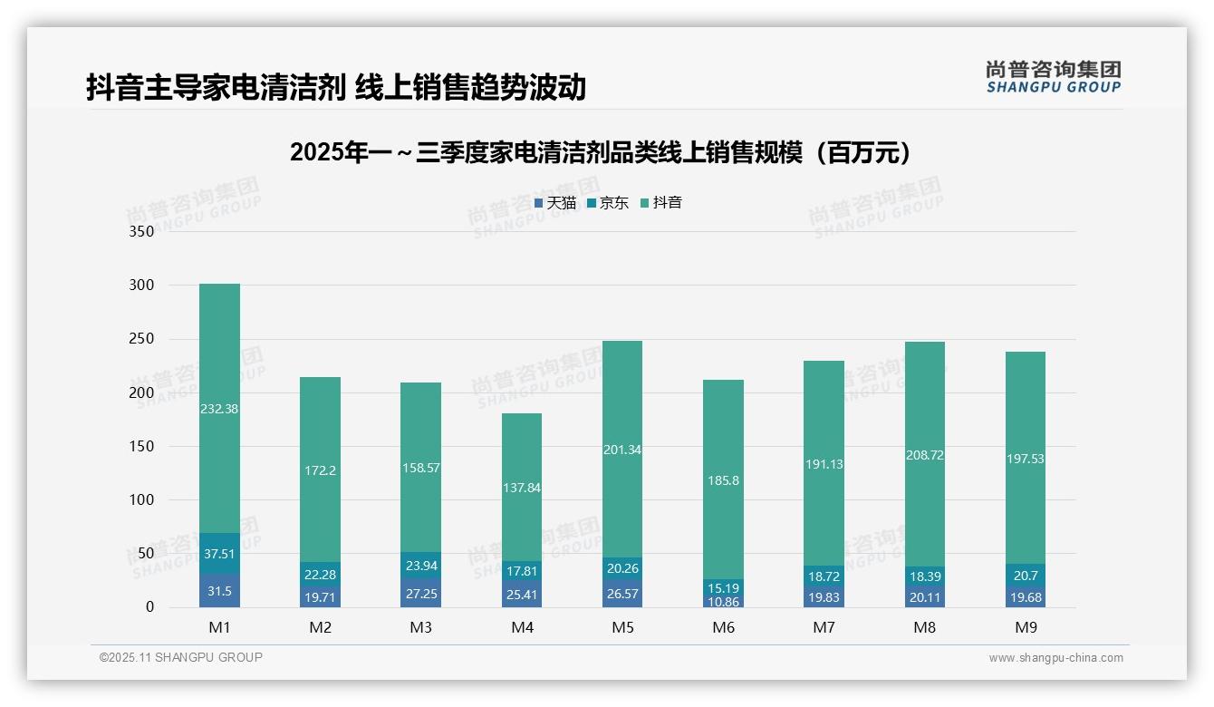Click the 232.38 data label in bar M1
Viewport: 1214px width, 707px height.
[219, 409]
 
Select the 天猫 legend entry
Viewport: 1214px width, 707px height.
[555, 203]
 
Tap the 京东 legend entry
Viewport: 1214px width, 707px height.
[608, 203]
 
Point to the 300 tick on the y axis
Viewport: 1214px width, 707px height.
[142, 286]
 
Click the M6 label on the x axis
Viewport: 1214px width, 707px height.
[723, 627]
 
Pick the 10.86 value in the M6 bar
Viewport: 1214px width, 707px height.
[723, 602]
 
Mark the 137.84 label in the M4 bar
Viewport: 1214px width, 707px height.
[521, 488]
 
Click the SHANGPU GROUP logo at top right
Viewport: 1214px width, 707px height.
[1053, 76]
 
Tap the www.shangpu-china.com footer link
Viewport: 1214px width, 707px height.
[1055, 658]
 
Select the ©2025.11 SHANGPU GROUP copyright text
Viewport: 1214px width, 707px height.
[181, 657]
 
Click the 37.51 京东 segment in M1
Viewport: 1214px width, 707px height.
[219, 554]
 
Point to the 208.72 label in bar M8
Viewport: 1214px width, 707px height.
[924, 455]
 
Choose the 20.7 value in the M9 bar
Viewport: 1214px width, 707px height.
[1025, 575]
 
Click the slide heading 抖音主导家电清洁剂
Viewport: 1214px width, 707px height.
[335, 87]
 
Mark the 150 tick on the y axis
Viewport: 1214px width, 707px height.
[142, 447]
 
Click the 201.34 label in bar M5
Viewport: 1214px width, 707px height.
[621, 450]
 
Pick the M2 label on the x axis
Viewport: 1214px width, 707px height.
[320, 627]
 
